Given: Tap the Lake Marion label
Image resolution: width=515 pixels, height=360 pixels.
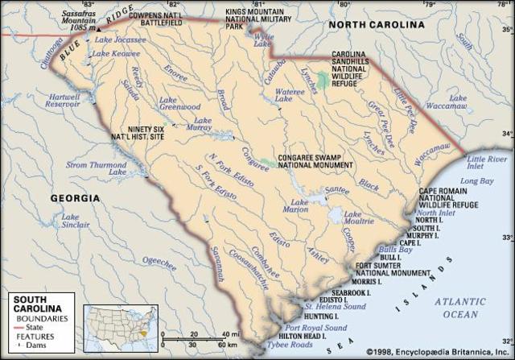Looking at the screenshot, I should click(x=299, y=205).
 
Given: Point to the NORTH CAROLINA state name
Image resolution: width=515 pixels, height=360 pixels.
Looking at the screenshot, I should click(x=377, y=25).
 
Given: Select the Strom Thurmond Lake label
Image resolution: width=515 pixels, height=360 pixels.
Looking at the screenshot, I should click(x=97, y=168).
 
